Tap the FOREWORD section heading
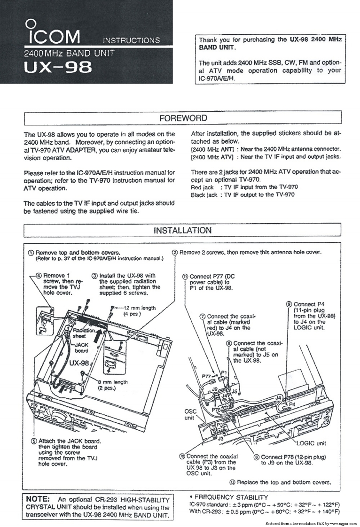point(183,117)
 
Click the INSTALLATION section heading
point(182,230)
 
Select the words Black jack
point(204,194)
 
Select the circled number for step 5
point(33,441)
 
